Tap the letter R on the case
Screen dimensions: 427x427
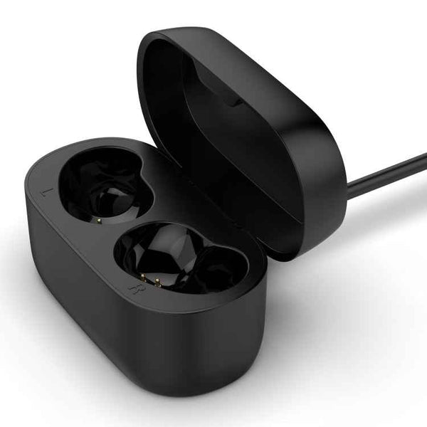pos(133,290)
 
